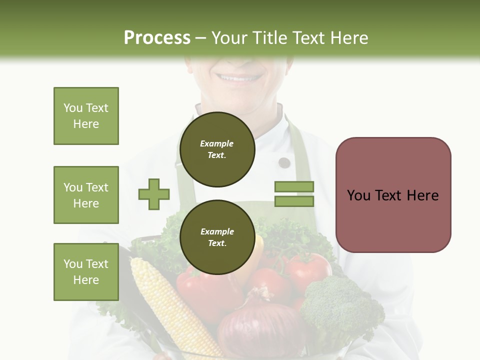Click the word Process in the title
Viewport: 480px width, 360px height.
click(x=157, y=38)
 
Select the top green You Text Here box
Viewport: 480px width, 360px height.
click(x=86, y=116)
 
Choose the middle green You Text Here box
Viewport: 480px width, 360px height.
click(x=86, y=195)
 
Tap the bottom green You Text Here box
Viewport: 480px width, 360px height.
click(x=86, y=272)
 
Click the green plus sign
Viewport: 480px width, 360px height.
click(x=154, y=194)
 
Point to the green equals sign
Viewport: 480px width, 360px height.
click(x=294, y=194)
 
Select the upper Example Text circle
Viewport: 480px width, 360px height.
click(x=217, y=149)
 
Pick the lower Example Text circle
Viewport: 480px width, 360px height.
click(x=217, y=237)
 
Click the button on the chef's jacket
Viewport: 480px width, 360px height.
click(x=284, y=162)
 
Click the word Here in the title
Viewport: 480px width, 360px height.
click(x=348, y=38)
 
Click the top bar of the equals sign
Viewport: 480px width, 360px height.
click(x=294, y=186)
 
